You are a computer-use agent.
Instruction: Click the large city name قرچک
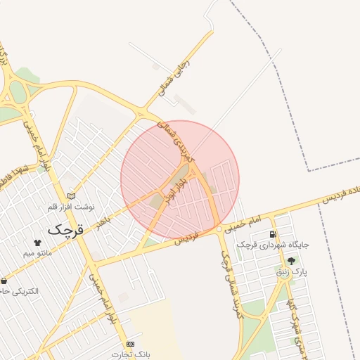coord(65,230)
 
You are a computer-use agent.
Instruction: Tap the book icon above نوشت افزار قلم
coord(70,196)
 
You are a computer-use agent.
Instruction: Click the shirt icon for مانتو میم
coord(37,243)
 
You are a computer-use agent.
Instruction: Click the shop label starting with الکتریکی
coord(21,290)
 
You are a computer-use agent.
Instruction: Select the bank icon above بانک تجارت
coord(130,344)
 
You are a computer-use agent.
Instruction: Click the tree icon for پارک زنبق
coord(291,261)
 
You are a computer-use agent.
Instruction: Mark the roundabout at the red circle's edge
coord(219,230)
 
